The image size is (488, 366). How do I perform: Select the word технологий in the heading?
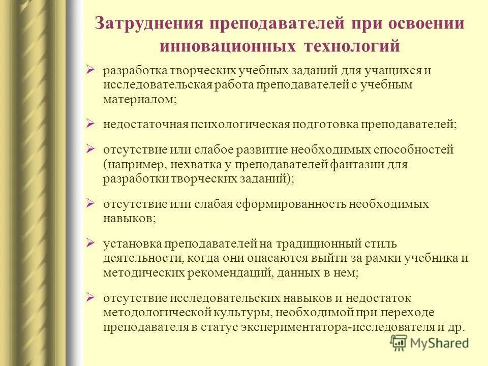pos(352,46)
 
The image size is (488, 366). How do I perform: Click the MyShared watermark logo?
pos(429,343)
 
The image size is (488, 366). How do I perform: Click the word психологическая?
pos(240,125)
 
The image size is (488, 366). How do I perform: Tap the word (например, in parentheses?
pos(132,165)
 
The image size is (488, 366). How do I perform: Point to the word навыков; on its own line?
pos(129,218)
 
